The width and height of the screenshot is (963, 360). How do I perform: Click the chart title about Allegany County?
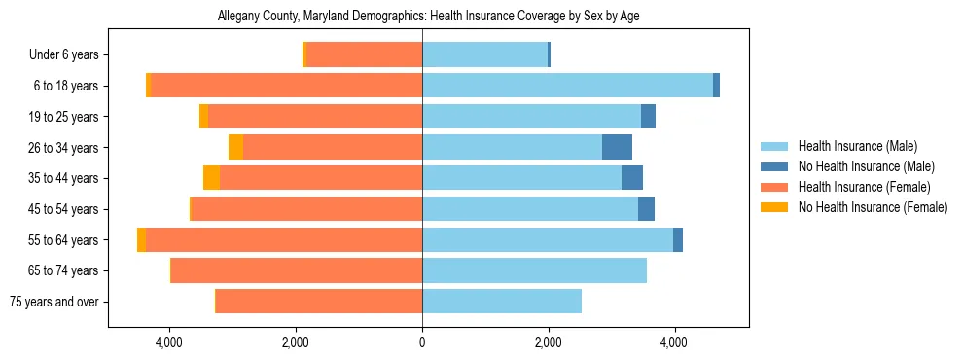tap(422, 17)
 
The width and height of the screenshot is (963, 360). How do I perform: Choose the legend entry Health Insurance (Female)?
tap(857, 187)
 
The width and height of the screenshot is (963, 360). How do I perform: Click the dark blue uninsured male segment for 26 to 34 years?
tap(617, 147)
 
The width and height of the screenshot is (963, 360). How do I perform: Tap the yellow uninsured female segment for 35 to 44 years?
tap(211, 178)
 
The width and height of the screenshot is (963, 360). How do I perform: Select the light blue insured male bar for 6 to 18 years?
tap(567, 86)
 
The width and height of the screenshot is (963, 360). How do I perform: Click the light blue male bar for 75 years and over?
tap(502, 302)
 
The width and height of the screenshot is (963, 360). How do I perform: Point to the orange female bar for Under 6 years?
tap(365, 55)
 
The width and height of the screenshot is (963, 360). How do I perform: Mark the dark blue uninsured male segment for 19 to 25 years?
tap(648, 117)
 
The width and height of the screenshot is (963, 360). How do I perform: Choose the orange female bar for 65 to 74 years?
tap(297, 270)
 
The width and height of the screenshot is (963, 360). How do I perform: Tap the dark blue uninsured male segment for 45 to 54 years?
tap(646, 209)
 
